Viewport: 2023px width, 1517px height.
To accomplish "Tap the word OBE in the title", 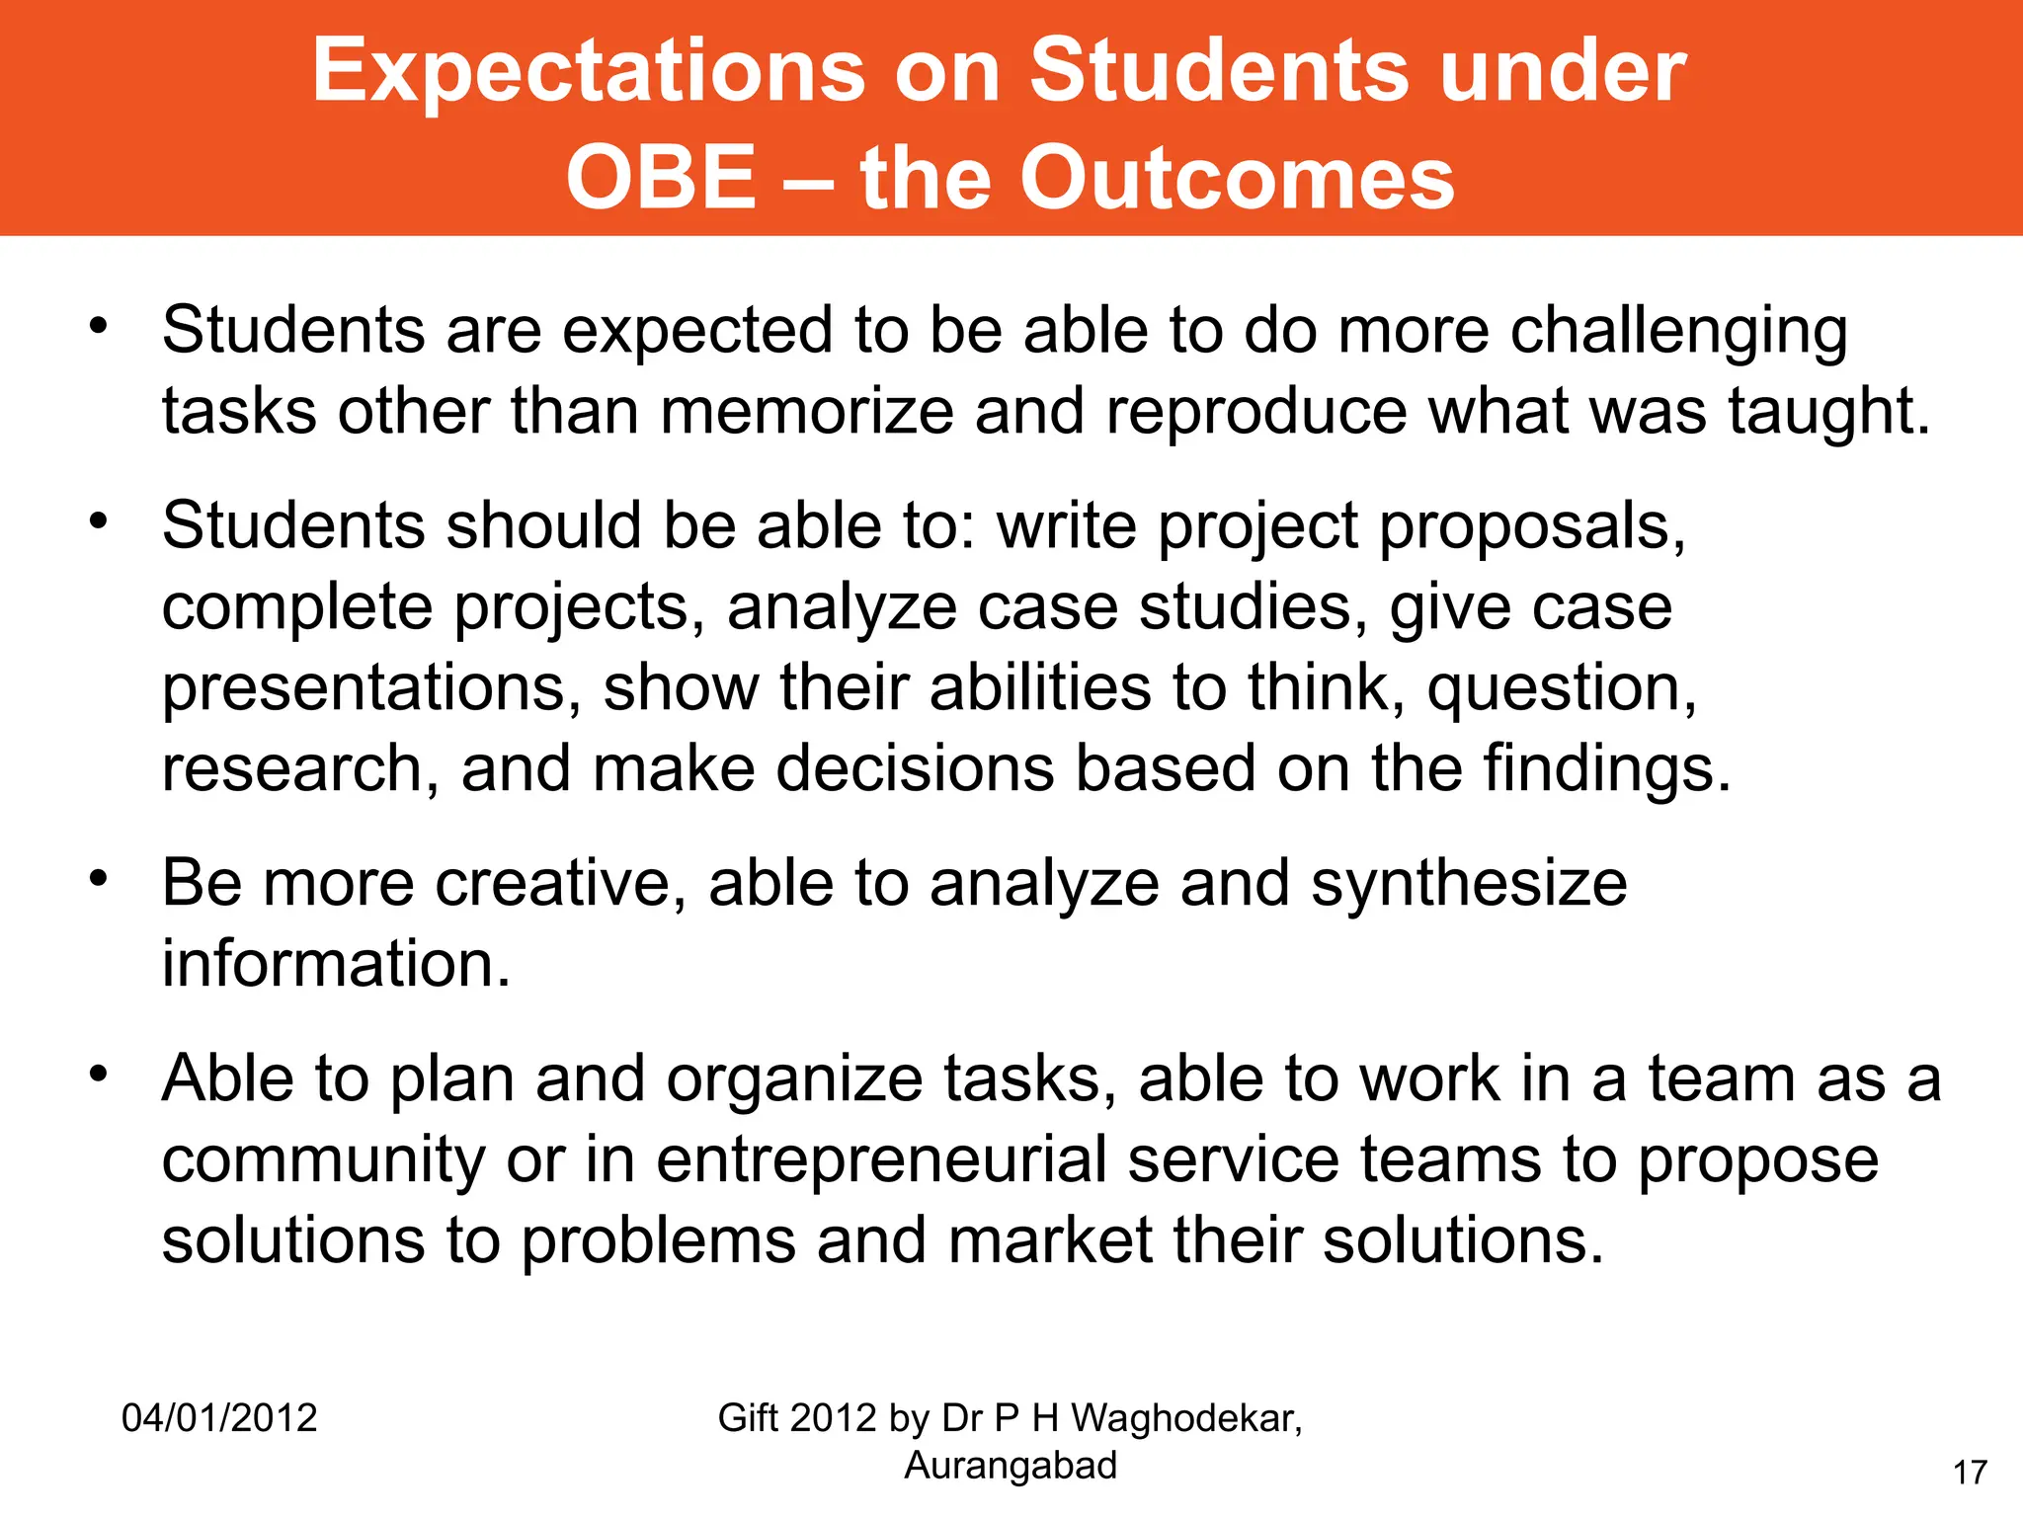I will [x=661, y=178].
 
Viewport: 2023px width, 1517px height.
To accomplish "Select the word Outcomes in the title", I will [x=1237, y=178].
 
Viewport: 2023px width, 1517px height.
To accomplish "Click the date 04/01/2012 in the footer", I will [x=219, y=1418].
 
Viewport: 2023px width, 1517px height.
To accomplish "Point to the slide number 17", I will [x=1970, y=1473].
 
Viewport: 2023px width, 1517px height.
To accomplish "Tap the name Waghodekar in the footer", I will [x=1186, y=1418].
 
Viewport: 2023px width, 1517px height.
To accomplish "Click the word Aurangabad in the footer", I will [x=1011, y=1466].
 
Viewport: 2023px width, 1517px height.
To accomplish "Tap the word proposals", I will [x=1532, y=527].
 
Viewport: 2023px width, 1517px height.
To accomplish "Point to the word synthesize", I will [x=1469, y=885].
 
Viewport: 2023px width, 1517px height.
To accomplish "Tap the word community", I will [x=323, y=1161].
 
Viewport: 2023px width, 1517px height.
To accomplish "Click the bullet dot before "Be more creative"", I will [x=97, y=878].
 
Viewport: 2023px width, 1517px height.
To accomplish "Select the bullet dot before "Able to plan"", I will [x=97, y=1073].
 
